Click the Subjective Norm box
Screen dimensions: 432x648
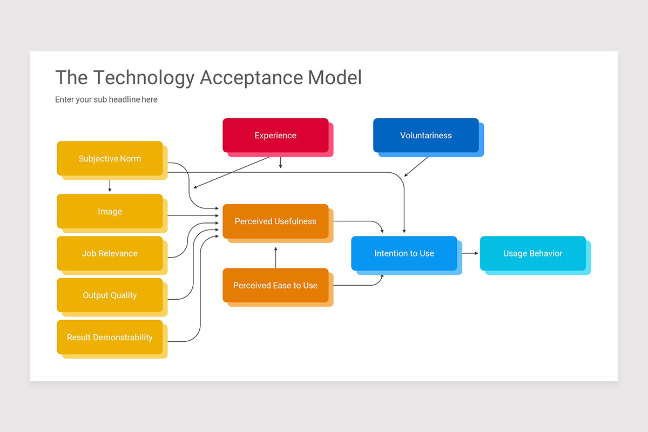point(110,159)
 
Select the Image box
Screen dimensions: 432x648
point(110,212)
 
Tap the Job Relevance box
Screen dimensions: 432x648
point(110,253)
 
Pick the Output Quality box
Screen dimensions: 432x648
point(110,295)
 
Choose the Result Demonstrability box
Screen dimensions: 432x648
point(110,337)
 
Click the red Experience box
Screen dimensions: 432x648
point(275,136)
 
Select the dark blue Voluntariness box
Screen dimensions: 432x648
point(426,136)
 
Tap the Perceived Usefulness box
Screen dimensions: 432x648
point(275,221)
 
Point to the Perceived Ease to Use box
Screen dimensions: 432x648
point(275,285)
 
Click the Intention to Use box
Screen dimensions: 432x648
point(404,253)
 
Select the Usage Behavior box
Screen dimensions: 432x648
point(532,253)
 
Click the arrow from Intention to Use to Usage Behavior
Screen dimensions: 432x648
point(470,253)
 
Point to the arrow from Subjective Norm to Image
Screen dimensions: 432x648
point(110,186)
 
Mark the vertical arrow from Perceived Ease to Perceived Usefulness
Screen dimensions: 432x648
point(275,258)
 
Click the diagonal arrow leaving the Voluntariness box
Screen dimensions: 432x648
point(416,166)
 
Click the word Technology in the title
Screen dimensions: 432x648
point(143,78)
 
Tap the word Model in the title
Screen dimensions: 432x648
point(335,78)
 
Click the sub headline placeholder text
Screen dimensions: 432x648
point(106,99)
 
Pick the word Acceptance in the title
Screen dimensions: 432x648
point(251,78)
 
